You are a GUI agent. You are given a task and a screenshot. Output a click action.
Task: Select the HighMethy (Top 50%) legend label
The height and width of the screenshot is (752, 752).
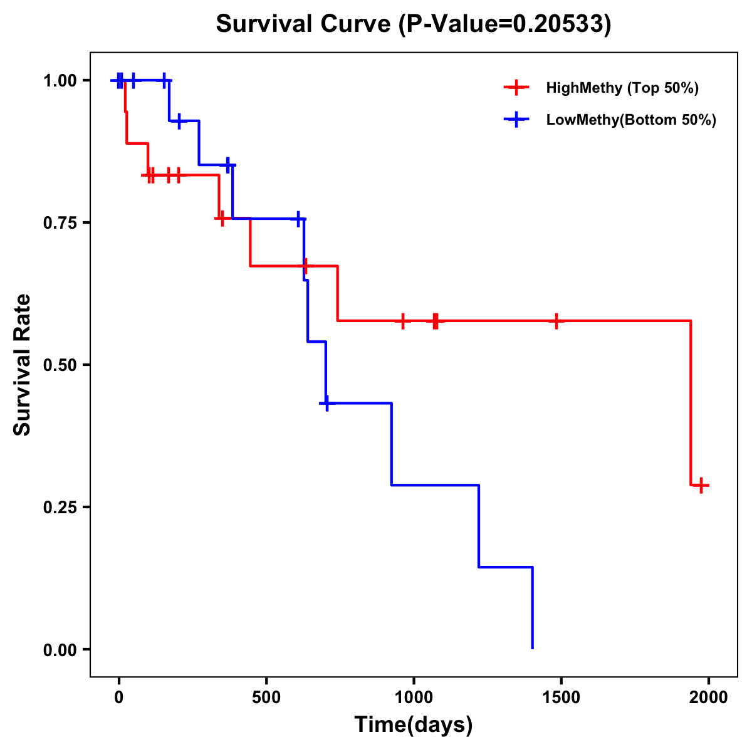coord(622,88)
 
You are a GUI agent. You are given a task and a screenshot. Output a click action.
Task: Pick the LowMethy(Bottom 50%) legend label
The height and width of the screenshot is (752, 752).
coord(631,120)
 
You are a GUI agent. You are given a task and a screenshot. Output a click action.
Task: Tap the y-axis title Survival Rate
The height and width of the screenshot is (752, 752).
coord(23,365)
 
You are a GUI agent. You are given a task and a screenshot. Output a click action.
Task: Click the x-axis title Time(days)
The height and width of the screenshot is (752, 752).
coord(414,724)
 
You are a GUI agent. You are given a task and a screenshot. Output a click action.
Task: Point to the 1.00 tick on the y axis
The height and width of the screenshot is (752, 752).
coord(60,81)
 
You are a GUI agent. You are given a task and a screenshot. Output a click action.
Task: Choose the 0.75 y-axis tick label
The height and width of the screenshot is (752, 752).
coord(60,223)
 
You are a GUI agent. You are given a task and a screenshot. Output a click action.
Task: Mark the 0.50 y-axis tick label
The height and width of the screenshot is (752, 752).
coord(60,365)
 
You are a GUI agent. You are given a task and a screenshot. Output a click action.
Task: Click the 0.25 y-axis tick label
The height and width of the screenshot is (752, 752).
coord(60,508)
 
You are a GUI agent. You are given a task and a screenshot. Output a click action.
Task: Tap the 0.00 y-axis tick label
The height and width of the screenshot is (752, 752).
coord(60,650)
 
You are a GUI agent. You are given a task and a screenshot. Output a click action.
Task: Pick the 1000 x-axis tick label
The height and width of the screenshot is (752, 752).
coord(414,697)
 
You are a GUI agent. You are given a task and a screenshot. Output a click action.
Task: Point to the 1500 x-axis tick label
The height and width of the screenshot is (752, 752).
coord(561,697)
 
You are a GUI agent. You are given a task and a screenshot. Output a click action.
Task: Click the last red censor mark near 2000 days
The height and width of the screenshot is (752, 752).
coord(701,485)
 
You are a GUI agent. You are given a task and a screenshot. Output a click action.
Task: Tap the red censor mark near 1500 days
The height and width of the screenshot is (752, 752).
coord(555,321)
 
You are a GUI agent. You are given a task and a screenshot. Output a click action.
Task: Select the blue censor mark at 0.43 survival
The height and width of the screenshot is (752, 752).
coord(326,403)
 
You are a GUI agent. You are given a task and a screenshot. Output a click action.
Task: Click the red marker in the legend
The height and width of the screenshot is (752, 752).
coord(516,88)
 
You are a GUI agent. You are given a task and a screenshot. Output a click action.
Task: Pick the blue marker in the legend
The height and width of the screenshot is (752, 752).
coord(516,120)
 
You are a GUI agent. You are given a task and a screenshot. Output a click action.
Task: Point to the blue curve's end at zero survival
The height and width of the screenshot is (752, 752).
coord(532,647)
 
